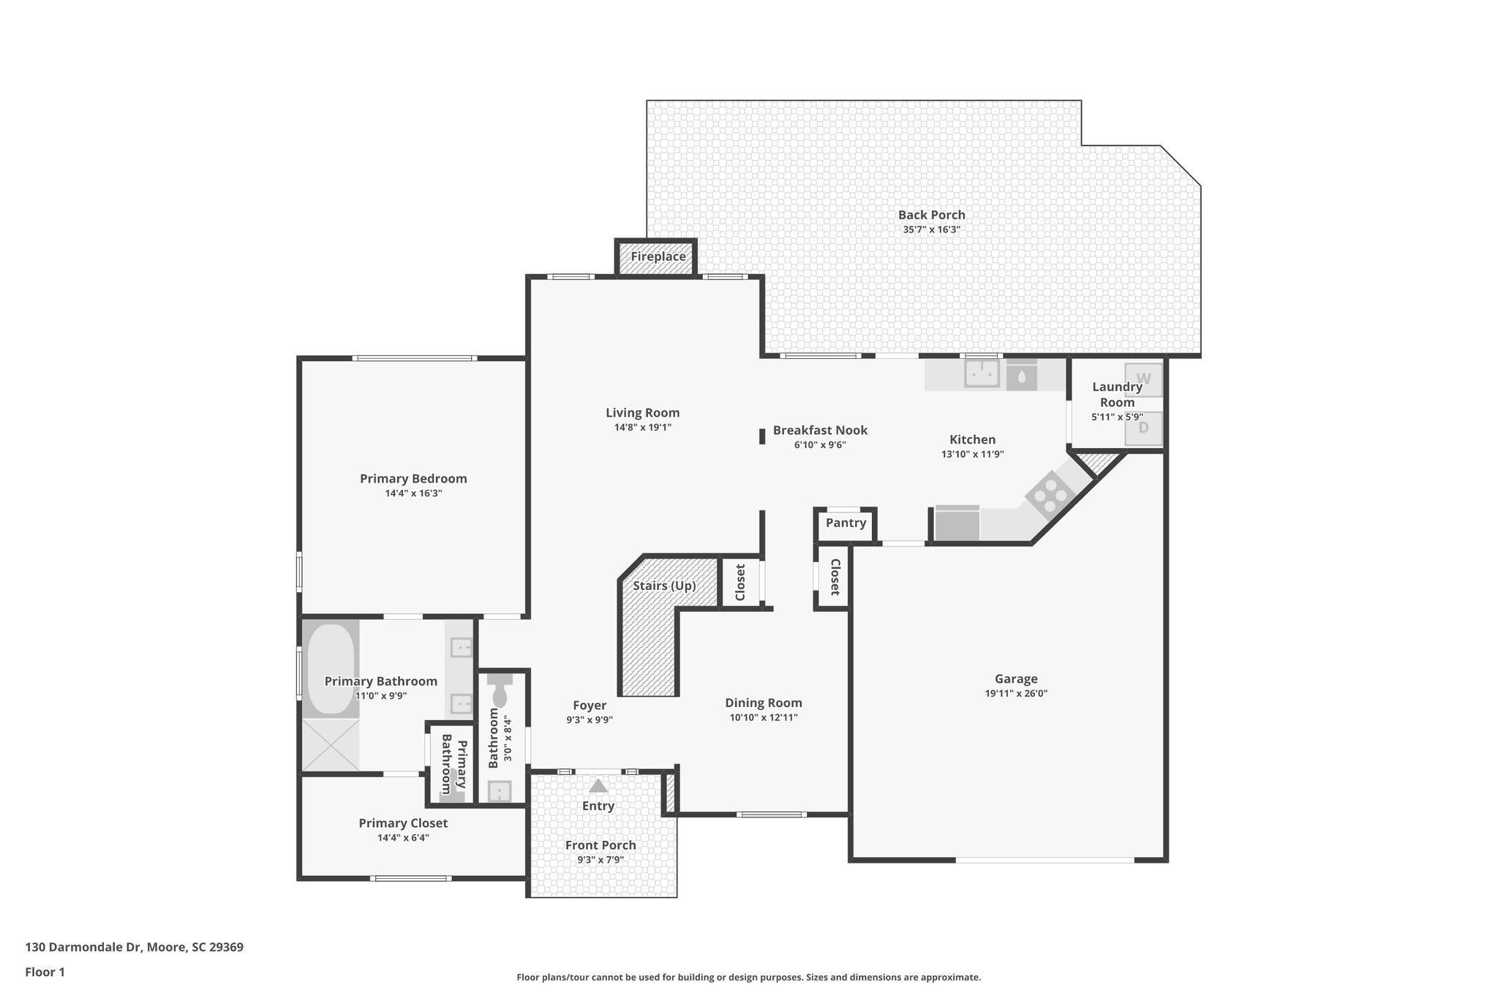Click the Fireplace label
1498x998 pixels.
click(658, 257)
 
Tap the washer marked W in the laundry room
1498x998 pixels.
click(1143, 379)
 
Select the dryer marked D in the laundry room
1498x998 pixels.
click(1143, 428)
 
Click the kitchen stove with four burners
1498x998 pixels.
click(1050, 496)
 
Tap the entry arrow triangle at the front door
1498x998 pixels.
click(598, 787)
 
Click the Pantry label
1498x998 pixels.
click(846, 523)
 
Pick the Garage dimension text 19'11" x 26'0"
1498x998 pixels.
click(1016, 694)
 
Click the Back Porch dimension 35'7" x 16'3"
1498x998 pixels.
click(931, 230)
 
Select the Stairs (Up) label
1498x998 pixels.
click(664, 586)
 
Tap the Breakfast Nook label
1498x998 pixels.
click(820, 430)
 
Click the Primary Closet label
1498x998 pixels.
click(403, 823)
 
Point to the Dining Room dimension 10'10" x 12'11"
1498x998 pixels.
click(763, 718)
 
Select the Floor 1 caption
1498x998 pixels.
click(45, 972)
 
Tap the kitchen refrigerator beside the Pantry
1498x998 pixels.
click(957, 523)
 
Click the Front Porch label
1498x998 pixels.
click(601, 845)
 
